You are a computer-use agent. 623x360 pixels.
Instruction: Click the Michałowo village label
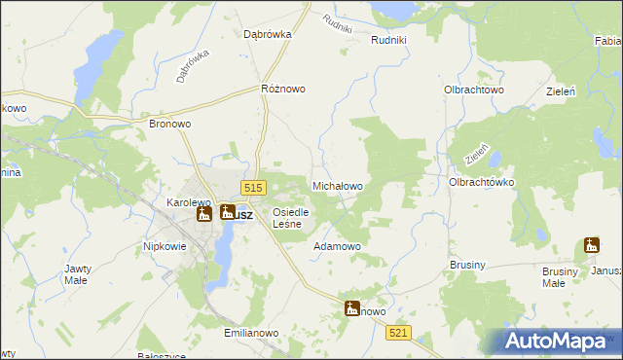(337, 185)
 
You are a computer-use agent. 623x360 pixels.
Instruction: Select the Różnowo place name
(283, 89)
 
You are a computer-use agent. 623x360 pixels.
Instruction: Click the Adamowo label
(337, 247)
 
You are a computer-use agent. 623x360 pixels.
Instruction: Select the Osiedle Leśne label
(291, 218)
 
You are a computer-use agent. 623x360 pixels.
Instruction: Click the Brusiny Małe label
(554, 277)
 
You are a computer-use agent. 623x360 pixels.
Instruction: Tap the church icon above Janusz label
(592, 245)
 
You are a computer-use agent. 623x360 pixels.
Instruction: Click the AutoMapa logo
(556, 341)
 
